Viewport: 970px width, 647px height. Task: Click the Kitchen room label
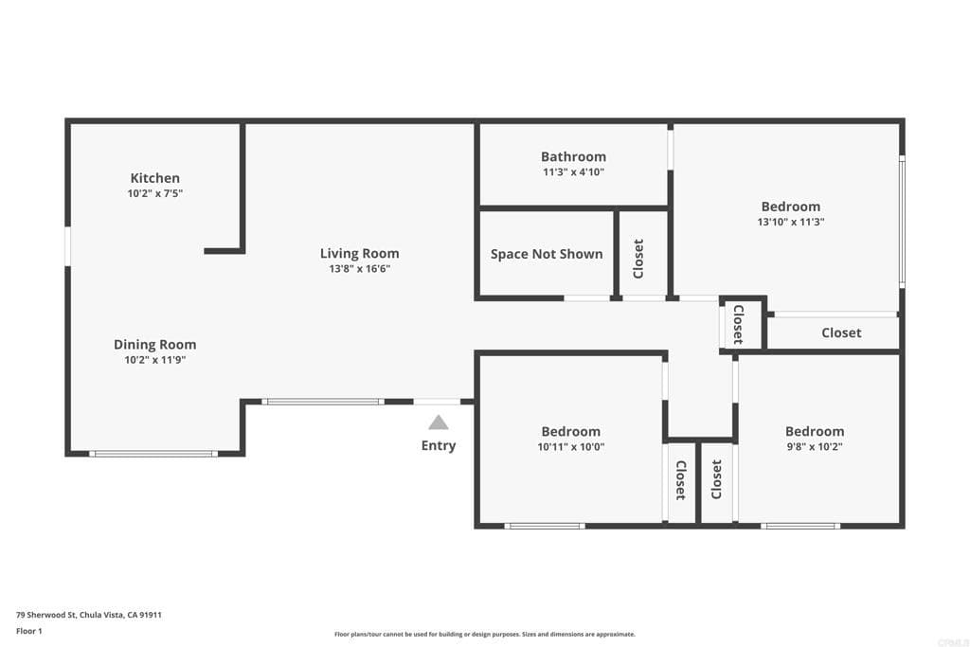pyautogui.click(x=154, y=178)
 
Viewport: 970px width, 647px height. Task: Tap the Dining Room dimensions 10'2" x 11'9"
pyautogui.click(x=154, y=360)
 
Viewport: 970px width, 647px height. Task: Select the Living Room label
pyautogui.click(x=359, y=253)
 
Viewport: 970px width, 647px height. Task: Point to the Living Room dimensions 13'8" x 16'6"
pyautogui.click(x=359, y=269)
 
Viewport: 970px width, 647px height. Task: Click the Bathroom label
pyautogui.click(x=573, y=156)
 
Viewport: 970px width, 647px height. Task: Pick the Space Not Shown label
pyautogui.click(x=547, y=254)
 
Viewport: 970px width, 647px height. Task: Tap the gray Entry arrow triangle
pyautogui.click(x=438, y=423)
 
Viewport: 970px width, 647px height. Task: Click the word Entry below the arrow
pyautogui.click(x=438, y=445)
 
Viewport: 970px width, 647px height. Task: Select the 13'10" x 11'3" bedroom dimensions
pyautogui.click(x=790, y=223)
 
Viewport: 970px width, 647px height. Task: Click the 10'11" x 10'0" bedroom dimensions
pyautogui.click(x=570, y=447)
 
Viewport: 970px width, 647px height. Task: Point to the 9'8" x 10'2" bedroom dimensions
pyautogui.click(x=814, y=447)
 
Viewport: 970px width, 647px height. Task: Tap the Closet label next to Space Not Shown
pyautogui.click(x=638, y=258)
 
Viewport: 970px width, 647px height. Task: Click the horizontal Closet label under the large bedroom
pyautogui.click(x=841, y=332)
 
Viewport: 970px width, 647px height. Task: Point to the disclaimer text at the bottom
pyautogui.click(x=484, y=635)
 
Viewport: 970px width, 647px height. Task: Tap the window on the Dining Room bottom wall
pyautogui.click(x=153, y=454)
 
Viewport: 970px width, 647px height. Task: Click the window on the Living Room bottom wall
pyautogui.click(x=323, y=402)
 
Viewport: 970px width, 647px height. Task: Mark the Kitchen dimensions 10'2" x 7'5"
pyautogui.click(x=154, y=193)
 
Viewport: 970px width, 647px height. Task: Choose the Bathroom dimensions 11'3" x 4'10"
pyautogui.click(x=573, y=172)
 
